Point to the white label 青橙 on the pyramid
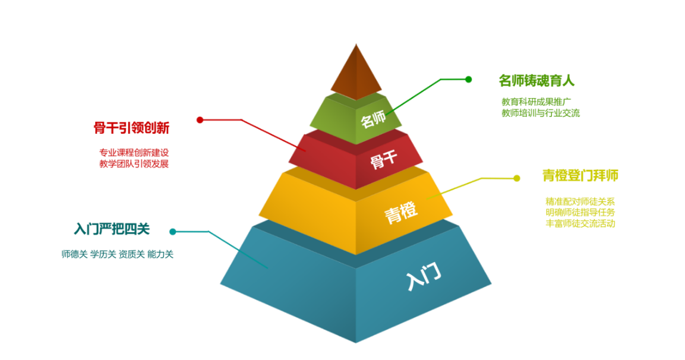click(400, 211)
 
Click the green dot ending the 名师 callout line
click(468, 79)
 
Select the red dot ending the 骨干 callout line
click(200, 120)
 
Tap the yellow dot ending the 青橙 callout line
click(517, 178)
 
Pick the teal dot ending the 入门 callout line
click(173, 232)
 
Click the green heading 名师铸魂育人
click(536, 80)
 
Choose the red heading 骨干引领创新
click(132, 128)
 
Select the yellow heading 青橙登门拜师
click(580, 176)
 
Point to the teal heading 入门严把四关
click(112, 229)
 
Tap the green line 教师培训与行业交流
click(541, 113)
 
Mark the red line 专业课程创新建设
click(134, 152)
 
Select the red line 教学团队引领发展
click(134, 164)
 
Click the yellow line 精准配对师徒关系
click(580, 201)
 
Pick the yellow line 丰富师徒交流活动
click(580, 223)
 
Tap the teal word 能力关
click(160, 254)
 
